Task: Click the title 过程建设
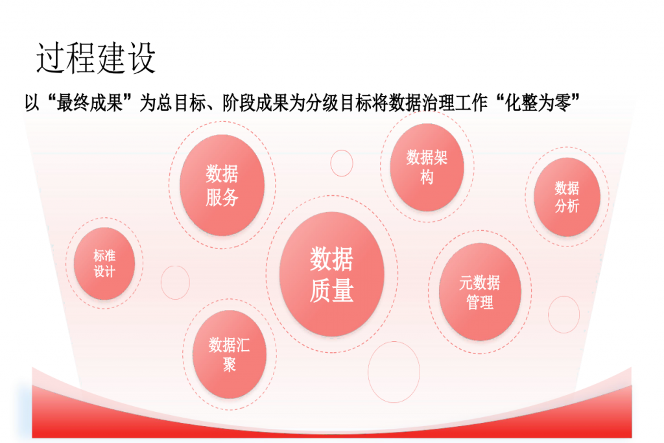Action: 96,58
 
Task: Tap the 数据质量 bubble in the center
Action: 331,274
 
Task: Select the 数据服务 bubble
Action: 222,185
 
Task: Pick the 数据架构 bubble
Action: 427,167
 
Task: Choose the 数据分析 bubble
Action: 567,197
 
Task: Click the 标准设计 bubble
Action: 104,263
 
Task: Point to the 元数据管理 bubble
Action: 480,292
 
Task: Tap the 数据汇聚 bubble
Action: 229,355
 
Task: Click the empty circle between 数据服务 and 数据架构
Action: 342,163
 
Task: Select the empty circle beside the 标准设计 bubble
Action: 175,283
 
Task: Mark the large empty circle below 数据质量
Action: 394,372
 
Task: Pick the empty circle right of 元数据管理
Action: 563,315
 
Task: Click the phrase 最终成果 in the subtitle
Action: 89,103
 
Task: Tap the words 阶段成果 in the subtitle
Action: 255,103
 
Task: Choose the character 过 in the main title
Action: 51,58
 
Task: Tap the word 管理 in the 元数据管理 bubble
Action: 480,302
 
